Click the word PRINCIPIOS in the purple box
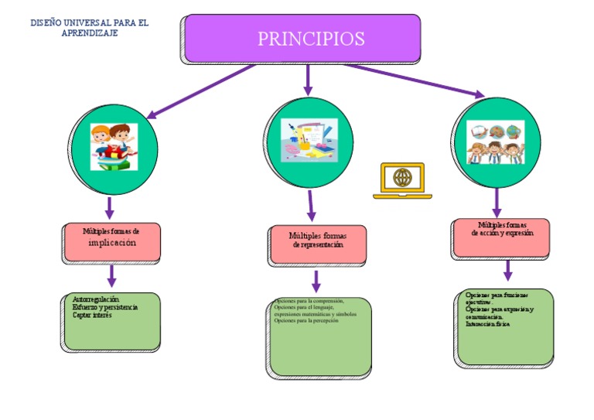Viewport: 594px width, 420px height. (x=311, y=39)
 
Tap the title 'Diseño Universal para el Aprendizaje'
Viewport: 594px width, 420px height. (x=89, y=28)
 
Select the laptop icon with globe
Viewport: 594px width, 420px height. (x=402, y=180)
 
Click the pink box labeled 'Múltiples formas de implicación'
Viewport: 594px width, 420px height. (x=111, y=241)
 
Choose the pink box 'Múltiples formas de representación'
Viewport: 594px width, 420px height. (x=317, y=244)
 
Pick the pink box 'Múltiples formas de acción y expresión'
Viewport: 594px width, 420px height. (x=501, y=237)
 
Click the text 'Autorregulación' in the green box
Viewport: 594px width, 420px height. (x=95, y=299)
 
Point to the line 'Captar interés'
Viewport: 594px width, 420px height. (x=92, y=315)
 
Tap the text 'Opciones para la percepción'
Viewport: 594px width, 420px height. (x=306, y=321)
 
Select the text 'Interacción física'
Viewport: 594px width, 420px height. (x=487, y=324)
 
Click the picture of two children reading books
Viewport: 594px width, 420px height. (x=113, y=146)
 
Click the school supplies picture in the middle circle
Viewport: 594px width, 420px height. (x=308, y=140)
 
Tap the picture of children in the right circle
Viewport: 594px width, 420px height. (x=495, y=142)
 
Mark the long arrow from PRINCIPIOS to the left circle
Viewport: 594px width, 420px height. (x=201, y=90)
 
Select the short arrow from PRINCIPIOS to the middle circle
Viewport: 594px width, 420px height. (x=309, y=79)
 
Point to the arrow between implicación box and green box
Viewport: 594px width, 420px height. (x=111, y=275)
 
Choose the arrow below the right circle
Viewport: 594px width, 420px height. (x=497, y=202)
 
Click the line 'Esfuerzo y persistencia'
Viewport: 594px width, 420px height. (x=105, y=307)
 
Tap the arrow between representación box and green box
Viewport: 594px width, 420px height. (x=316, y=281)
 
